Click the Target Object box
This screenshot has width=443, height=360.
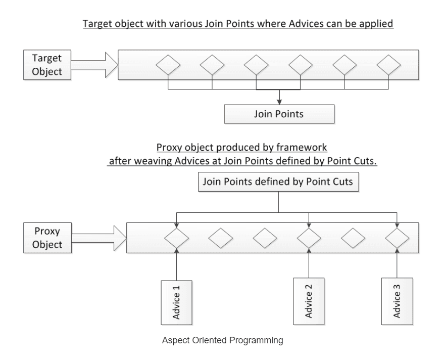[x=47, y=65]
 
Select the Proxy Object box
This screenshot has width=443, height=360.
[x=47, y=238]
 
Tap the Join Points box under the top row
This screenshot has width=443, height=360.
[x=279, y=114]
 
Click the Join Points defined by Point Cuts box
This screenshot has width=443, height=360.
[x=278, y=182]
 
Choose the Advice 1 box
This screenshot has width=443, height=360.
[x=177, y=302]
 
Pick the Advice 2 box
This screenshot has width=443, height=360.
[x=309, y=301]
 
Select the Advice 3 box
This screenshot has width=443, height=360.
[x=397, y=301]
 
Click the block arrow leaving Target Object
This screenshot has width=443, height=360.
[x=94, y=65]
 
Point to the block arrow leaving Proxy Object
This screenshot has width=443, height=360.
[x=99, y=238]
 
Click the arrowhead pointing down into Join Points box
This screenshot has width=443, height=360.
[x=279, y=102]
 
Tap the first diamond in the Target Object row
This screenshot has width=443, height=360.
[x=168, y=65]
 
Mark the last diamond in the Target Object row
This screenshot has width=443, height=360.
[x=388, y=65]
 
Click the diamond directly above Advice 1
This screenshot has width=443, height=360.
[x=177, y=238]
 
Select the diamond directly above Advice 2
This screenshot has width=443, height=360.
[x=309, y=238]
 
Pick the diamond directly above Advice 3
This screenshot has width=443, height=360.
[x=397, y=238]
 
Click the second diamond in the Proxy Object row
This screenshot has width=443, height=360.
[x=221, y=238]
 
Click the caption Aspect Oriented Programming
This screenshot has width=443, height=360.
[x=223, y=340]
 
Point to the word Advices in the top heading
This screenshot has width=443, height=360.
[x=306, y=23]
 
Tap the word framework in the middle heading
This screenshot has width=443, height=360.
[x=302, y=147]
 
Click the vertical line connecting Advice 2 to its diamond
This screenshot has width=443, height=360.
[x=309, y=263]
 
